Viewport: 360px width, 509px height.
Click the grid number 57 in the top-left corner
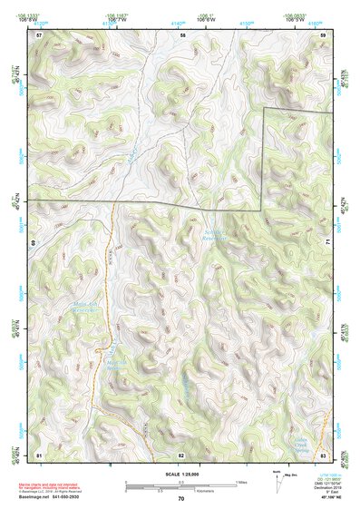39,34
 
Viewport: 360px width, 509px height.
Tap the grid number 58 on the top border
182,34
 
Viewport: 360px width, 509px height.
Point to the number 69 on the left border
34,243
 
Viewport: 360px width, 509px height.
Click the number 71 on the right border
326,243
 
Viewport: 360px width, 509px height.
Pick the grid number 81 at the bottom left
39,454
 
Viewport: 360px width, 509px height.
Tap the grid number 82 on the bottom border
181,454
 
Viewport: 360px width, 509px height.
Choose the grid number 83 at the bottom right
322,454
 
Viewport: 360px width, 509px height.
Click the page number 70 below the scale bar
180,498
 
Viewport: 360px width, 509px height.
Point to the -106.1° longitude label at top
208,15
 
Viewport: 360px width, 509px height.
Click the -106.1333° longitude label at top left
42,15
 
